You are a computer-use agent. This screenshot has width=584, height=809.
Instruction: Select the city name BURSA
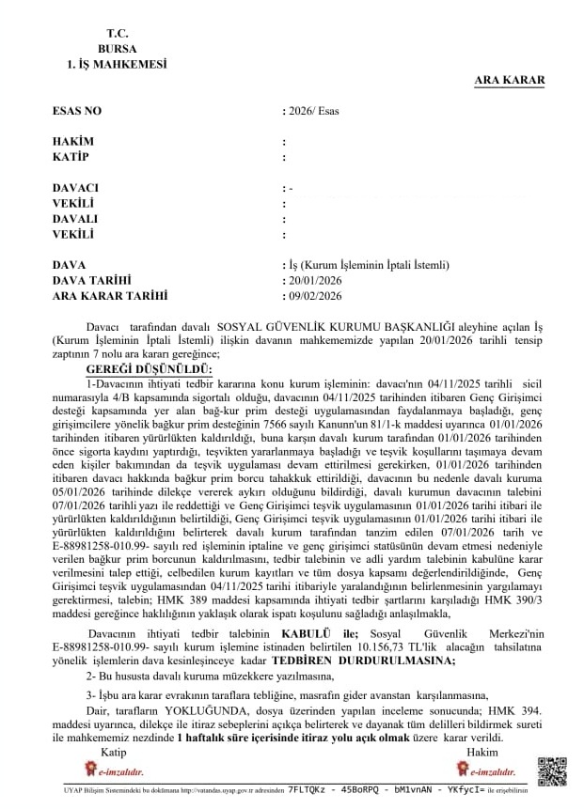click(116, 48)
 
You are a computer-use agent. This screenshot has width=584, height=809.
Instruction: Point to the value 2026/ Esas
click(313, 111)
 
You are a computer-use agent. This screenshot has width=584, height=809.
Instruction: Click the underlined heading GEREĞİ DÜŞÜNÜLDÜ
click(150, 371)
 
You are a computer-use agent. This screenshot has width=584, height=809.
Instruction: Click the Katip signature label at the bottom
click(114, 753)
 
